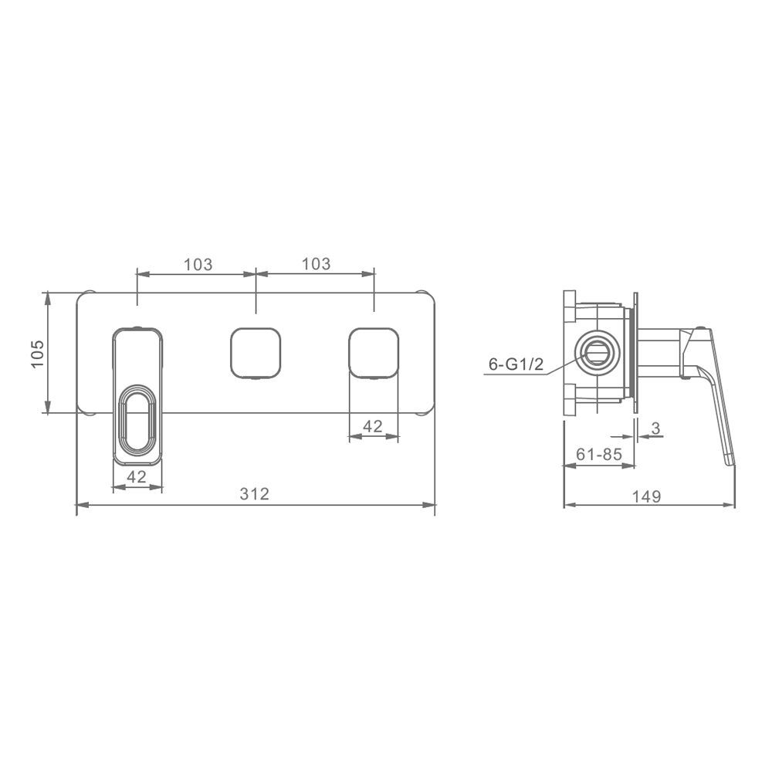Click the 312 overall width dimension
tap(255, 493)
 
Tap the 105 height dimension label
tap(38, 354)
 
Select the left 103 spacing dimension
tap(198, 264)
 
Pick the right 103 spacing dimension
tap(316, 264)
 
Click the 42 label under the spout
tap(137, 476)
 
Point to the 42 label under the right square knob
tap(373, 426)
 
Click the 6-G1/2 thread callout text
tap(516, 364)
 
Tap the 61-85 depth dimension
tap(599, 454)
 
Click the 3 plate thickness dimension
tap(655, 428)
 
